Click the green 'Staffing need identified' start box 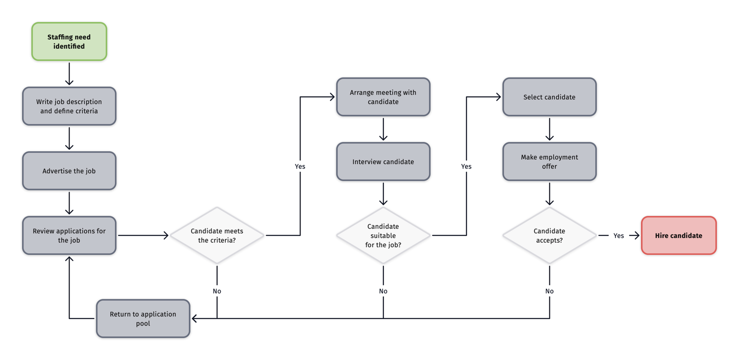click(69, 41)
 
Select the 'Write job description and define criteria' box click(69, 106)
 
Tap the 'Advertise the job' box click(69, 171)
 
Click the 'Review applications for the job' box click(69, 235)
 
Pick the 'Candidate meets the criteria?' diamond click(217, 235)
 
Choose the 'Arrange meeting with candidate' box click(383, 97)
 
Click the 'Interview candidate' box click(383, 162)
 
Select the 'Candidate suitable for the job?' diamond click(383, 235)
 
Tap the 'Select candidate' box click(549, 97)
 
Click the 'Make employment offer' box click(549, 162)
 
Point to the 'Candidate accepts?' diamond click(549, 235)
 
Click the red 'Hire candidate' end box click(678, 235)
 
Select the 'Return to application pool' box click(143, 319)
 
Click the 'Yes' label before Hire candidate click(619, 236)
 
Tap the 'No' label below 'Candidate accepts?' click(549, 291)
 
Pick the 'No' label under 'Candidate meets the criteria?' click(217, 291)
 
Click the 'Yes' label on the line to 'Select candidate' click(466, 166)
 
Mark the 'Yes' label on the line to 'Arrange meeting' click(300, 166)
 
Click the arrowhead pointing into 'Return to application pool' click(195, 319)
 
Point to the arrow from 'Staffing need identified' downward click(69, 74)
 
